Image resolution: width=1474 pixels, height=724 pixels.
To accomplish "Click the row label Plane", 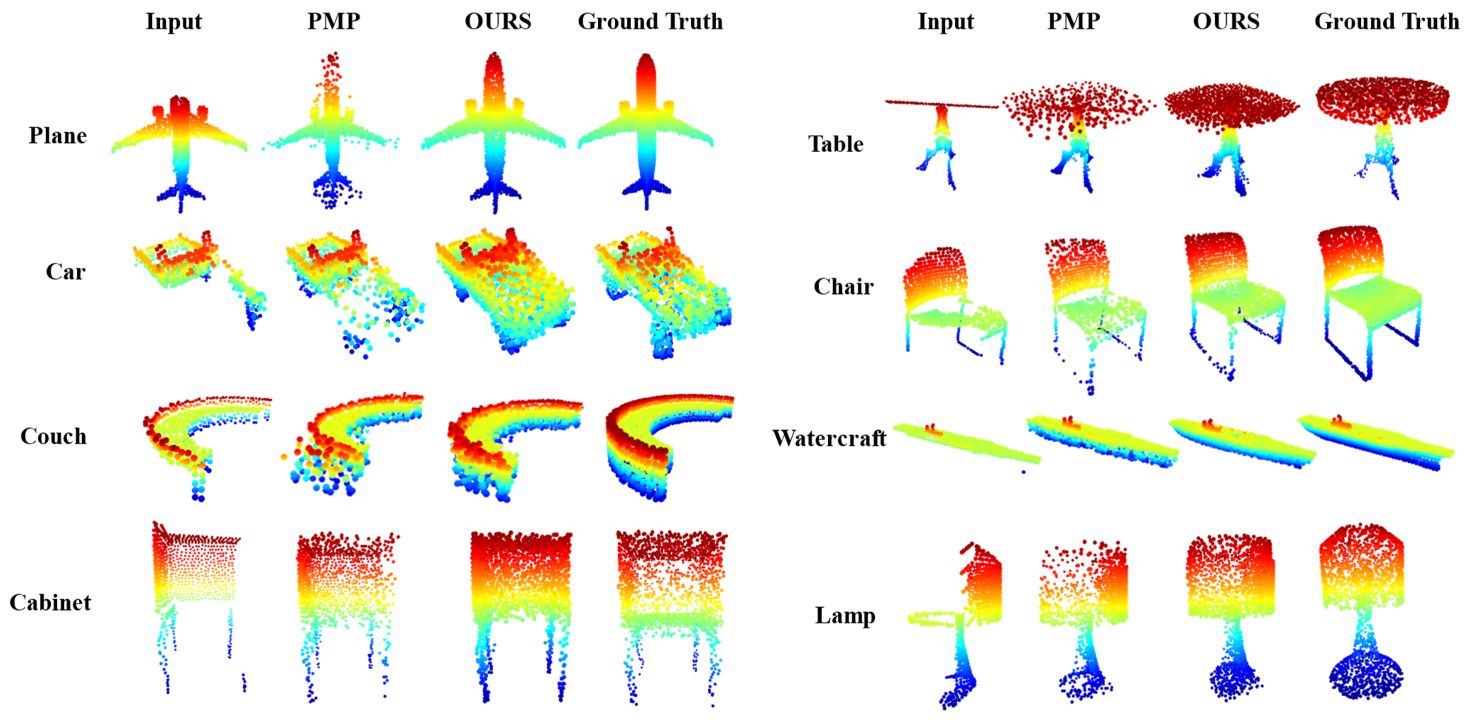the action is pos(58,136).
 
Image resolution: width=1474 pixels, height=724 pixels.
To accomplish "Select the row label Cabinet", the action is pos(50,602).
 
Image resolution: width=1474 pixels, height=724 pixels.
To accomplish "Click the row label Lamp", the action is pos(845,615).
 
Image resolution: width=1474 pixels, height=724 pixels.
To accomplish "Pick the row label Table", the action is pos(835,144).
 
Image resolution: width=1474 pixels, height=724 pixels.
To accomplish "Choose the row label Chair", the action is pos(843,286).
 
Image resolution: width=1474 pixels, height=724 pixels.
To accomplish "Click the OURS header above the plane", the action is pos(497,21).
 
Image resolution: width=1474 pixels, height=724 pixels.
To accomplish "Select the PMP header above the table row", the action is pos(1073,21).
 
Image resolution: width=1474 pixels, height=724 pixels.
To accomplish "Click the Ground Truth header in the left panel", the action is pos(650,21).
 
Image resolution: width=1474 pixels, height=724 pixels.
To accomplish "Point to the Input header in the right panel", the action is pos(945,21).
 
